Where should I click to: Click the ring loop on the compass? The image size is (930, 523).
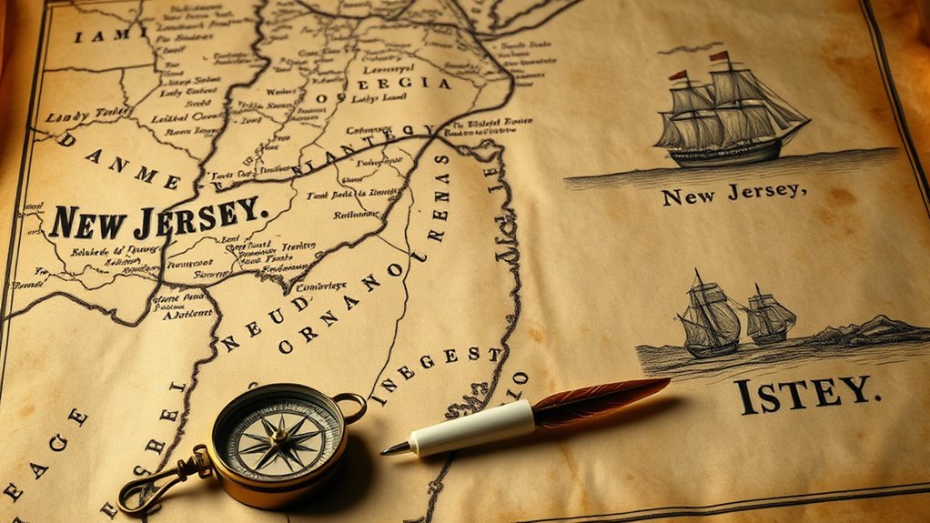point(349,406)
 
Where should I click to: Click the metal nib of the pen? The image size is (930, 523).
point(396,448)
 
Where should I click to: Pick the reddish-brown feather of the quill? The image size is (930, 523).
point(601,397)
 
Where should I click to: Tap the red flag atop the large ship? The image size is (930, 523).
point(720,56)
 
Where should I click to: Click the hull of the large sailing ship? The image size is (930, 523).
point(728,149)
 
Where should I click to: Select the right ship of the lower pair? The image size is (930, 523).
point(770,316)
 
